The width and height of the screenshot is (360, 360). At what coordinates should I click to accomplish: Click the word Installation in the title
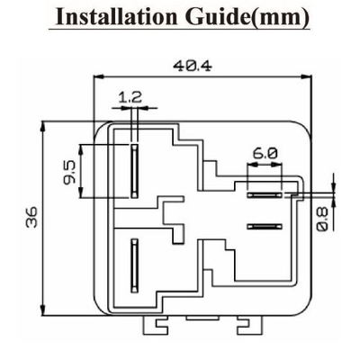click(116, 16)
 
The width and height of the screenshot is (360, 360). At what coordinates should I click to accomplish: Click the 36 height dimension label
click(31, 217)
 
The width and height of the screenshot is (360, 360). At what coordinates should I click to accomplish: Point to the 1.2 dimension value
click(130, 97)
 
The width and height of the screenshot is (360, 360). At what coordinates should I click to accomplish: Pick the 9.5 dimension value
click(69, 171)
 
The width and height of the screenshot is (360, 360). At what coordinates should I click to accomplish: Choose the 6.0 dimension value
click(265, 154)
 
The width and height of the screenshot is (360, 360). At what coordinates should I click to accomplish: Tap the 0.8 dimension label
click(322, 220)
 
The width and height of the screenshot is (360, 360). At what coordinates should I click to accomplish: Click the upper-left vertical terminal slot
click(134, 171)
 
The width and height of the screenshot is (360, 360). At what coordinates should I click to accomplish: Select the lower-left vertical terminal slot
click(134, 265)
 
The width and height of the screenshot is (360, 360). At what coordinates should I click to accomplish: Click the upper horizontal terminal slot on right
click(265, 195)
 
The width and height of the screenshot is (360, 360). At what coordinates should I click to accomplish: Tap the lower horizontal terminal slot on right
click(265, 227)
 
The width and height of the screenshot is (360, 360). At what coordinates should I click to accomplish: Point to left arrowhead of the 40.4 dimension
click(98, 76)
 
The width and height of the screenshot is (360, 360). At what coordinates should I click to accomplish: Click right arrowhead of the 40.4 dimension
click(307, 76)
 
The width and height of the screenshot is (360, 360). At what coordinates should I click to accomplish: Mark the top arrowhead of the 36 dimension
click(44, 126)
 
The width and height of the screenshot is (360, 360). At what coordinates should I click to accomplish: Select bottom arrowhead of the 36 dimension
click(44, 310)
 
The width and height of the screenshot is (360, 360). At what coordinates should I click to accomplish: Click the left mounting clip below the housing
click(155, 325)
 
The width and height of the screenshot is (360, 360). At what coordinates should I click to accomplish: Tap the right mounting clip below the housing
click(249, 325)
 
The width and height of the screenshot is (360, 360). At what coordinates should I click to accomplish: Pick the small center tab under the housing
click(202, 318)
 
